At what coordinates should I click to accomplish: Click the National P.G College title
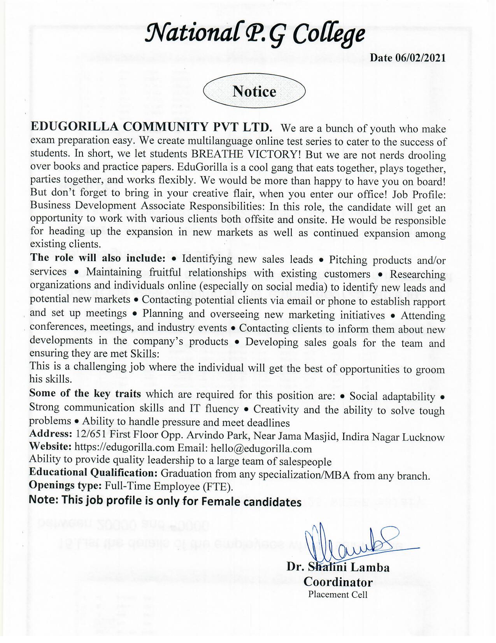[255, 34]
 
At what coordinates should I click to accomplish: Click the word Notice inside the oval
[254, 92]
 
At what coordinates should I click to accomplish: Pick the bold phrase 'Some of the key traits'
[85, 394]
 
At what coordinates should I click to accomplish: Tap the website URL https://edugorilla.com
[124, 448]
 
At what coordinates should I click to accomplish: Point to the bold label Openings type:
[65, 486]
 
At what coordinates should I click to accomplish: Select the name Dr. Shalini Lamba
[338, 567]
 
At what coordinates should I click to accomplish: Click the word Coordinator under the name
[338, 582]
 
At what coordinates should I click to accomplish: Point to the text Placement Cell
[338, 595]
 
